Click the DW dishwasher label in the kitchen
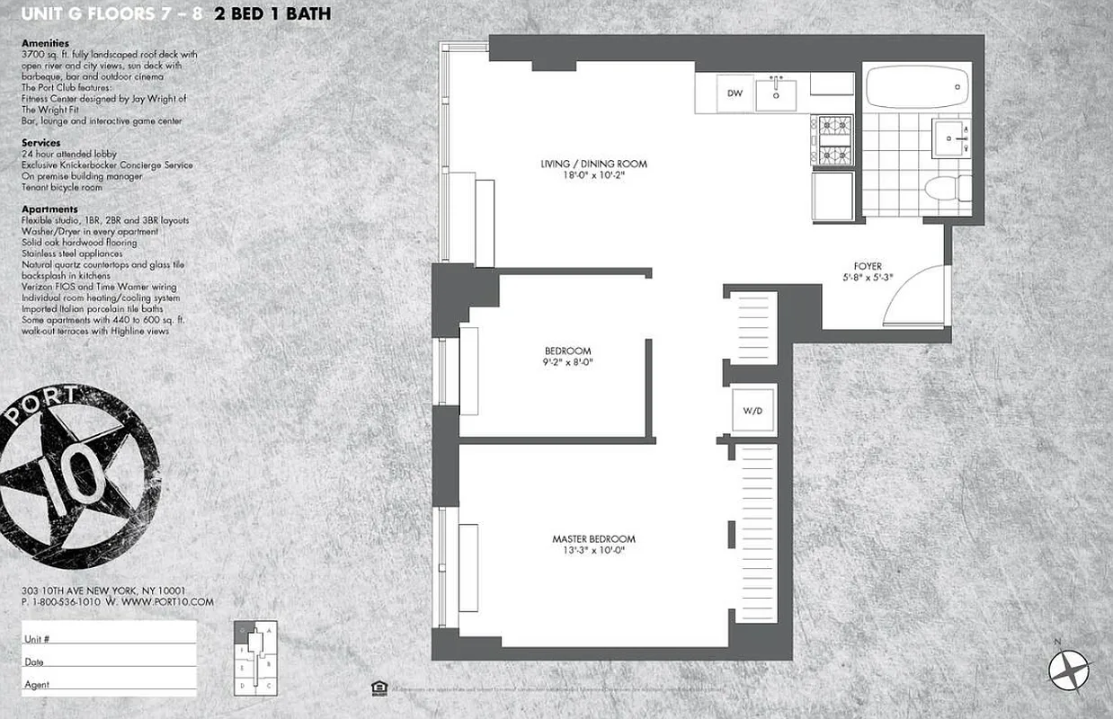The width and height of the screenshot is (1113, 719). [735, 93]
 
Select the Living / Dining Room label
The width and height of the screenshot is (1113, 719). [593, 164]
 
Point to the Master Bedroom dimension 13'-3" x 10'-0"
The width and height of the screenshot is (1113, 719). [593, 551]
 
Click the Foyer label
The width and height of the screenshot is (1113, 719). [868, 266]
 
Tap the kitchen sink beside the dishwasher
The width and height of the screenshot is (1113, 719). [776, 93]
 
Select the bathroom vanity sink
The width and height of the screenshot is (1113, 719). [949, 138]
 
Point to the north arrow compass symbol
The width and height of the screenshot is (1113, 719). [1070, 668]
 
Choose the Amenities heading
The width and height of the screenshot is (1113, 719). [44, 43]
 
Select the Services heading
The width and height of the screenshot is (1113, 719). [40, 143]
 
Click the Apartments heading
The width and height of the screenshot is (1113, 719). [49, 209]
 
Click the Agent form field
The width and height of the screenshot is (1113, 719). [109, 683]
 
